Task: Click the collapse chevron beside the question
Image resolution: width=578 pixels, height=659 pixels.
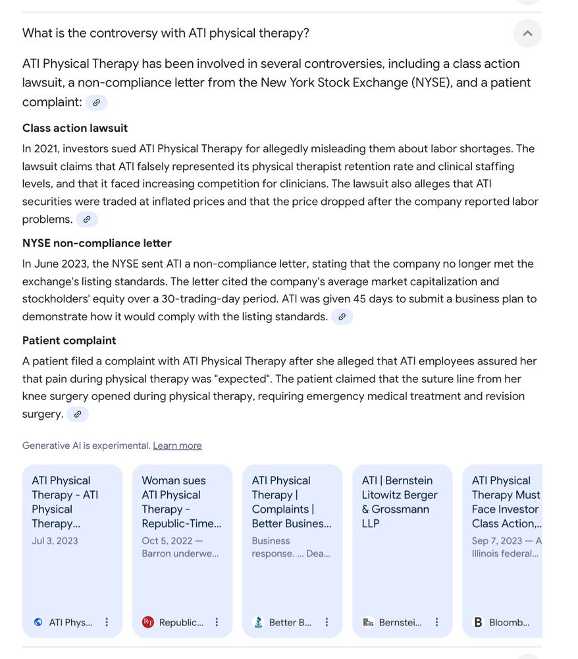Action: coord(527,33)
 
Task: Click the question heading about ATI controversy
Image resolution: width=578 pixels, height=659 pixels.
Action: coord(166,33)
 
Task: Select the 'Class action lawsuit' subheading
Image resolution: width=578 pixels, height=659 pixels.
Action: coord(75,128)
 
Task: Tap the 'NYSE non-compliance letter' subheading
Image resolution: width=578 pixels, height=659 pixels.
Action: coord(97,243)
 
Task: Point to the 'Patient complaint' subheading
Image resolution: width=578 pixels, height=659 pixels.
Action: coord(69,341)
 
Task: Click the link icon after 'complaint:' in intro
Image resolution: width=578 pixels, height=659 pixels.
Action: coord(96,103)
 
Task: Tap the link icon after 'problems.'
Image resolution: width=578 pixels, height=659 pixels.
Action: coord(86,219)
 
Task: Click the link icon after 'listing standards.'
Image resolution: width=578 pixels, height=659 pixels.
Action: coord(342,317)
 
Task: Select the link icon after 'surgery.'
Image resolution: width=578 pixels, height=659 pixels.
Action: coord(77,415)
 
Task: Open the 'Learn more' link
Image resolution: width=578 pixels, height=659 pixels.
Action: coord(177,446)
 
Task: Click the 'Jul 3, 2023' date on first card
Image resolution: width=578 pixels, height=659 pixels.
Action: coord(55,541)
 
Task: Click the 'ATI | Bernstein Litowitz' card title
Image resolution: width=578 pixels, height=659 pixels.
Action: coord(400,502)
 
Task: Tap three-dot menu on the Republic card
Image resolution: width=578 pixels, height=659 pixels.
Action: coord(217,622)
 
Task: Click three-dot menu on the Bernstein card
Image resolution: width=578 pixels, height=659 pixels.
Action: coord(436,622)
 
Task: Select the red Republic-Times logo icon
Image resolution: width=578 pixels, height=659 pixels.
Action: coord(148,622)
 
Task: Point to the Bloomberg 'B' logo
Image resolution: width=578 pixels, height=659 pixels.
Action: coord(478,622)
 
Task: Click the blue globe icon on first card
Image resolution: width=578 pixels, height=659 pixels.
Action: coord(38,622)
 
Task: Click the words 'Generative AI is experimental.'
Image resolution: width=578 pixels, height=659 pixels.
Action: coord(86,446)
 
